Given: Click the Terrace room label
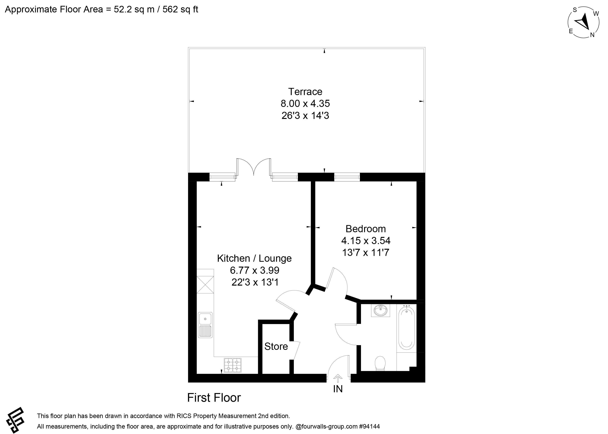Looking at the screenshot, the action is click(305, 92).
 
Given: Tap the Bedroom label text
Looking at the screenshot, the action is click(366, 229).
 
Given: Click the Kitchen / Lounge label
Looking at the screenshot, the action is click(254, 258).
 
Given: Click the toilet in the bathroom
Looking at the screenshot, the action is click(380, 363).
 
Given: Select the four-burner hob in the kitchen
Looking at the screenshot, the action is click(233, 365).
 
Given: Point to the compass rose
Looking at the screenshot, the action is click(583, 25).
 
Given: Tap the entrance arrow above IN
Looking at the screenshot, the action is click(338, 378).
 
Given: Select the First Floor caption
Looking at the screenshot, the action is click(214, 398).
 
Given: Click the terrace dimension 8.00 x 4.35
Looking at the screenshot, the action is click(305, 103).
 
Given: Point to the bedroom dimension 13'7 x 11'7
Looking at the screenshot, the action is click(366, 252).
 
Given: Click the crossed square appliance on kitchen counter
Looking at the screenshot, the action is click(205, 285).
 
